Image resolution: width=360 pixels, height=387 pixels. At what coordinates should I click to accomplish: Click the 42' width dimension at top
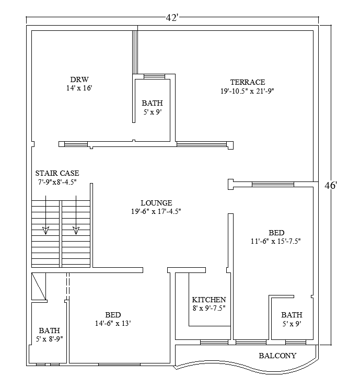point(172,18)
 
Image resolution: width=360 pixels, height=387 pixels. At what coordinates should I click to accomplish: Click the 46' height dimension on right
point(330,186)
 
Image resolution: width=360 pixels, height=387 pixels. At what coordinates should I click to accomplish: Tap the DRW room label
point(79,79)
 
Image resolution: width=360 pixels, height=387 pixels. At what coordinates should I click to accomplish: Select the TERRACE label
point(248,82)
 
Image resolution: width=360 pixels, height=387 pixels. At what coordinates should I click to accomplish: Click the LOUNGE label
point(156,203)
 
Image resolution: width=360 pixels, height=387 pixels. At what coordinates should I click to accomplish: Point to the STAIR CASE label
point(57,173)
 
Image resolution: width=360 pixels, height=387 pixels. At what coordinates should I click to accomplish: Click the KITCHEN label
point(209,300)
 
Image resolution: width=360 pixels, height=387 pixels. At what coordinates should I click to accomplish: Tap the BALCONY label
point(277,356)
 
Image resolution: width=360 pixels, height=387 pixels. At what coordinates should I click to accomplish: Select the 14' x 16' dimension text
point(79,88)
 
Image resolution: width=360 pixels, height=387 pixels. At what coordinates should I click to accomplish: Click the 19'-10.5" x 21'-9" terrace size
point(247,91)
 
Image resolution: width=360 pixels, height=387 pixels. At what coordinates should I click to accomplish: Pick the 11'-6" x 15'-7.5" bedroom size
point(276,241)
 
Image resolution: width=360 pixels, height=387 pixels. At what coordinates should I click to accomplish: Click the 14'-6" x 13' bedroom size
point(113,323)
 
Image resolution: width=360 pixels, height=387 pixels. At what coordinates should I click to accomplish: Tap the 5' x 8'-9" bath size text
point(49,339)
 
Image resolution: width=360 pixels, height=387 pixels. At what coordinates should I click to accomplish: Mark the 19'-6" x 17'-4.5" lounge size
point(156,211)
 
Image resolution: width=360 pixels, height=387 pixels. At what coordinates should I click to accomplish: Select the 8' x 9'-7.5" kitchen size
point(209,308)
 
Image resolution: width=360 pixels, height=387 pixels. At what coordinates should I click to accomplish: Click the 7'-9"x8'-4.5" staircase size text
point(57,182)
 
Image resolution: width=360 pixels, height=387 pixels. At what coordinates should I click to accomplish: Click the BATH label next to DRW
point(152,103)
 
